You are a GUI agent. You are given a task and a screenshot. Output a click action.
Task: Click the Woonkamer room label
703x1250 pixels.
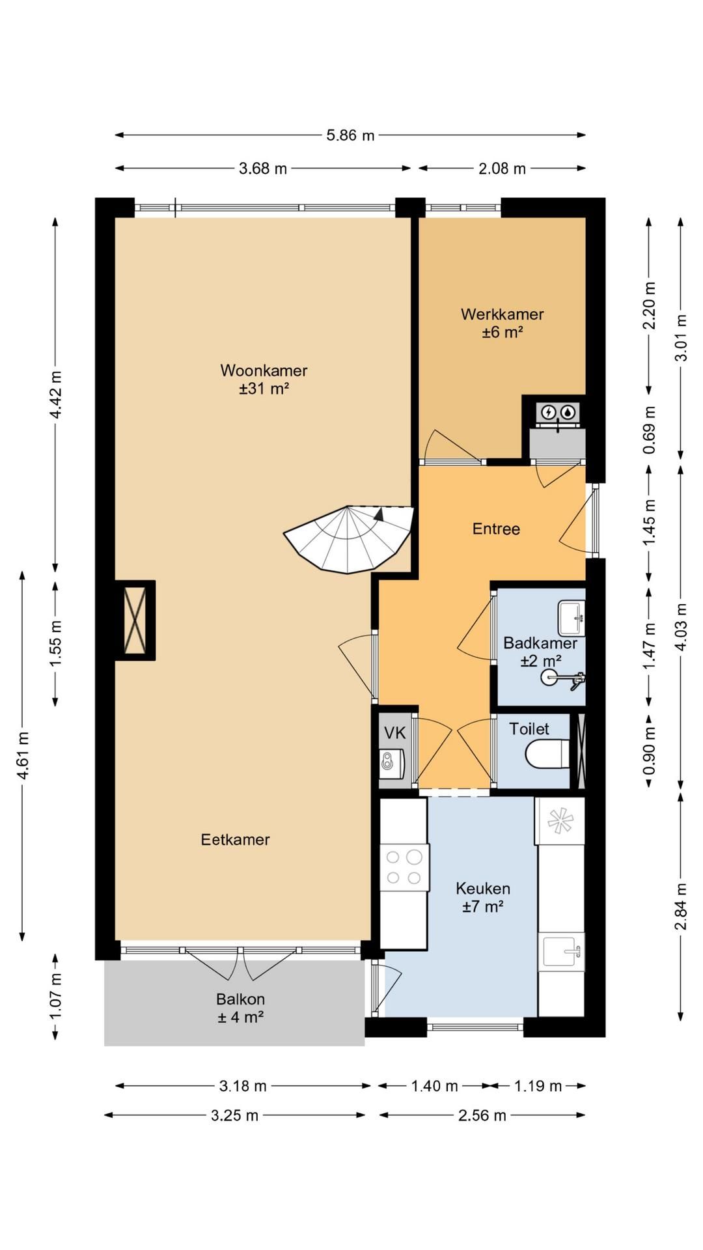(264, 370)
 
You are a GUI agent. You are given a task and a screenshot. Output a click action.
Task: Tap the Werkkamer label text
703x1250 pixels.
(502, 314)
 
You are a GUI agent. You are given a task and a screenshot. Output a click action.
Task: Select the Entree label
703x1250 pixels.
(496, 529)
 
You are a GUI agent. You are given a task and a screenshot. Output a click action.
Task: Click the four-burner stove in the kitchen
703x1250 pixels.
(404, 867)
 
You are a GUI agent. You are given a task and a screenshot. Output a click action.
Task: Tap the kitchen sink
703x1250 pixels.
(560, 952)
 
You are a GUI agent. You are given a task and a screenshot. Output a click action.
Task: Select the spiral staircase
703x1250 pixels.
(349, 539)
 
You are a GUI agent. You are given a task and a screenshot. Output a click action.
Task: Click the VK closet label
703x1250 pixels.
(394, 733)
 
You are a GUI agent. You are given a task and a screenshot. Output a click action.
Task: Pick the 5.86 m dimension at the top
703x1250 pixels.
(350, 135)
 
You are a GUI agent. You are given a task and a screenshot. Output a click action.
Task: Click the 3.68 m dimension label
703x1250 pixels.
(263, 169)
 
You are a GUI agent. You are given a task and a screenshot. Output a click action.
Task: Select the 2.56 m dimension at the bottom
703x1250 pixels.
(482, 1115)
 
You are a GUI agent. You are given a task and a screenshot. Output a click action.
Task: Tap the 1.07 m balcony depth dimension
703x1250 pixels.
(55, 997)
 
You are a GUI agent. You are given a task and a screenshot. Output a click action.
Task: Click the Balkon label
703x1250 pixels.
(240, 999)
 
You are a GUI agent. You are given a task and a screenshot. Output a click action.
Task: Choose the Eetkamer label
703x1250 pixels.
(235, 840)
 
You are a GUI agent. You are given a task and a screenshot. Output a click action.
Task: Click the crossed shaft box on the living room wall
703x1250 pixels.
(135, 620)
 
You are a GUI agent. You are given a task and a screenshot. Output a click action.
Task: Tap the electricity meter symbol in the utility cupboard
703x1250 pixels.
(549, 411)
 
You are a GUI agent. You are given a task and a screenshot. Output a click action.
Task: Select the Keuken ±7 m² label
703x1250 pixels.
(483, 898)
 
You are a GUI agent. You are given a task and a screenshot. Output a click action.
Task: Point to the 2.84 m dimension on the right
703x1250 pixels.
(681, 907)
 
